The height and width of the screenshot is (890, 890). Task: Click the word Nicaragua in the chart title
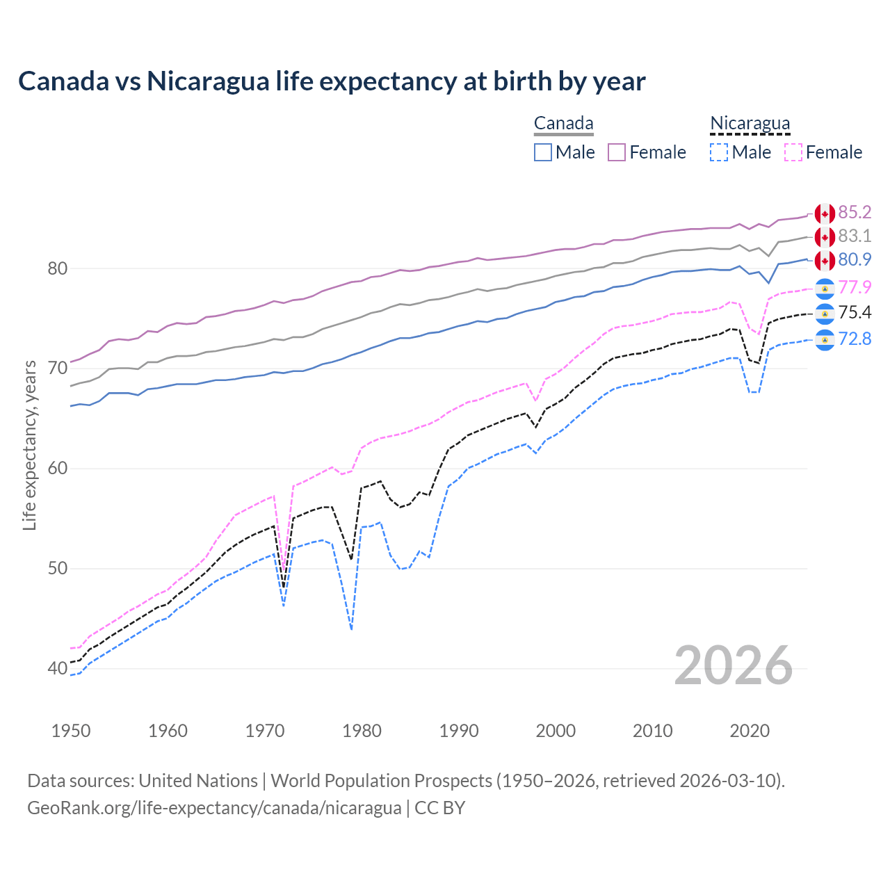pos(207,81)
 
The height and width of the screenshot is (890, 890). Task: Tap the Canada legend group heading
pos(563,124)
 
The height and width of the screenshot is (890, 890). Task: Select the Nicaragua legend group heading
pos(750,124)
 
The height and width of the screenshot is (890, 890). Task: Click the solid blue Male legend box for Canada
pos(543,152)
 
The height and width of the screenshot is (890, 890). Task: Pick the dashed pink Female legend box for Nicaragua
pos(793,152)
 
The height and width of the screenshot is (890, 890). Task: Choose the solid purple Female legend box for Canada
pos(617,152)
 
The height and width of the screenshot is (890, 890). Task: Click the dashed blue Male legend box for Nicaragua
pos(719,152)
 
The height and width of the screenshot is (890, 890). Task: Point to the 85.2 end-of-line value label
pos(855,213)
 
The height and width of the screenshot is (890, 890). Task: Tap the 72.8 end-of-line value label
pos(855,339)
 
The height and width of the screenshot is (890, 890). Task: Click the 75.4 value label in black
pos(855,313)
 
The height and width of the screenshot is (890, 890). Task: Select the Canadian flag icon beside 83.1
pos(825,237)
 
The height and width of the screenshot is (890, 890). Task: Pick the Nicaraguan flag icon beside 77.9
pos(825,288)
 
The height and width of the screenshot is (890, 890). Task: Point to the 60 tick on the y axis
pos(57,469)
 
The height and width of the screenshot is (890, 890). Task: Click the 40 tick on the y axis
pos(57,669)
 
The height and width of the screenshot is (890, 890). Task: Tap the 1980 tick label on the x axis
pos(362,731)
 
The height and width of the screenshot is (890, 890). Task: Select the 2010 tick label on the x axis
pos(652,731)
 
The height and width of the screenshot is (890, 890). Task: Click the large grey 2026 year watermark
pos(734,666)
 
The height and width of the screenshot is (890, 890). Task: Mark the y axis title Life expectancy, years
pos(30,445)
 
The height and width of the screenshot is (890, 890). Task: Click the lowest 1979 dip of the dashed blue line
pos(352,629)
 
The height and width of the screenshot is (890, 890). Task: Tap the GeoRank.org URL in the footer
pos(214,808)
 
